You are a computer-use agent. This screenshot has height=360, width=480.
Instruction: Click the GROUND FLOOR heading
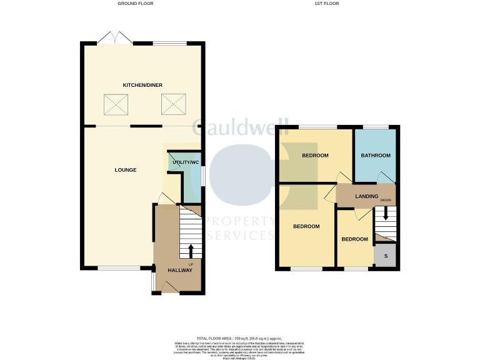[136, 4]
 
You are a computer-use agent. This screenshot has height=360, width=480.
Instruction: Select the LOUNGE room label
[126, 170]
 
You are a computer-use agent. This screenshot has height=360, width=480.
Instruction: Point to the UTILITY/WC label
[186, 162]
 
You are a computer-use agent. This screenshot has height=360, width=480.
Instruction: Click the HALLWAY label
[180, 270]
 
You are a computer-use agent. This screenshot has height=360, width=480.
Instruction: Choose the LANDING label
[366, 196]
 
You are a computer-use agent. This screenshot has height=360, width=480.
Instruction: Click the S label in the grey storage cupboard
[385, 256]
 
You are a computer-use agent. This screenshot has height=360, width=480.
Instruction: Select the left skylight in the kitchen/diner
[116, 104]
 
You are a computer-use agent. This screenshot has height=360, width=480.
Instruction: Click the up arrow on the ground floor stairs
[191, 250]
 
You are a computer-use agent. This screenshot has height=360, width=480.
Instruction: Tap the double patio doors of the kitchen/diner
[114, 38]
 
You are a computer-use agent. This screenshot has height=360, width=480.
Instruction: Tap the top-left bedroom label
[316, 156]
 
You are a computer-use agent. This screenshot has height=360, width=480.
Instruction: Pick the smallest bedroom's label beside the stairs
[354, 239]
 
